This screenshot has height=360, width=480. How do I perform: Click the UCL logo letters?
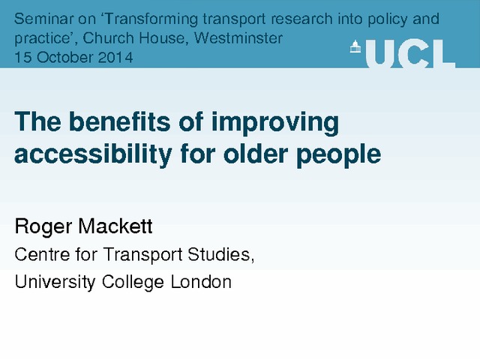coord(410,54)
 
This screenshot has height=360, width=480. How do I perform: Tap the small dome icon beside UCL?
coord(355,46)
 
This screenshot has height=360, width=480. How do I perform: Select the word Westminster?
coord(238,38)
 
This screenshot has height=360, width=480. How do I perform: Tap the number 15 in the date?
coord(23,58)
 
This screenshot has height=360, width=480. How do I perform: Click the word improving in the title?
coord(275,123)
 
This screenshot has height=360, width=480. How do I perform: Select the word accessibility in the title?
coord(93,154)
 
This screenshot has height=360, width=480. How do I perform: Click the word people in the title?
coord(338,155)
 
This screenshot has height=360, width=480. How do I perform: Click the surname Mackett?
coord(115,226)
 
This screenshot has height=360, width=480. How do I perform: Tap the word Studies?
coord(220,255)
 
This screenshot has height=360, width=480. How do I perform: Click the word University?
coord(55,282)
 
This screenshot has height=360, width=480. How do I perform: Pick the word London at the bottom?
coord(201,282)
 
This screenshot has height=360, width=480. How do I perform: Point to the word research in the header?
coord(301,19)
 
